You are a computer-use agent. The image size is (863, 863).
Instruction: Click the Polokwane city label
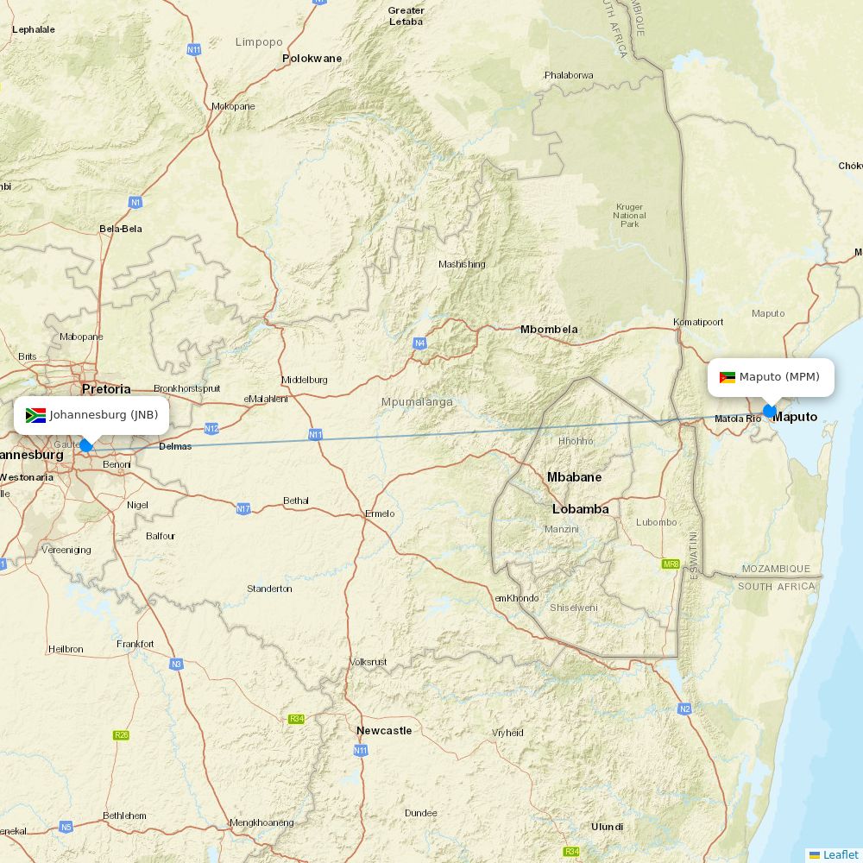(312, 59)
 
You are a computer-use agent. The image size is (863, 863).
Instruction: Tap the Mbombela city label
(549, 330)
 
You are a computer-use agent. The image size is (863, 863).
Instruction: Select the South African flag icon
(35, 415)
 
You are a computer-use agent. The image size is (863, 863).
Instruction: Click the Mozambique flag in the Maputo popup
(727, 377)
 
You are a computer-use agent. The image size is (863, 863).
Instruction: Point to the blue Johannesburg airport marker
(85, 445)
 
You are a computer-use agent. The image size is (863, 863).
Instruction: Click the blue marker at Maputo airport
(769, 411)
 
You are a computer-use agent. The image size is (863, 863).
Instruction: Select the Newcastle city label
(384, 731)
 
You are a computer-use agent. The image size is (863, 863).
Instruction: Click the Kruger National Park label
(630, 215)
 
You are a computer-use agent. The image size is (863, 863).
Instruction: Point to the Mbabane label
(574, 477)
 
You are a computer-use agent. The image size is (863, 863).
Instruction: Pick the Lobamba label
(580, 509)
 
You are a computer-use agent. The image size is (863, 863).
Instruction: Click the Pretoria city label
(106, 389)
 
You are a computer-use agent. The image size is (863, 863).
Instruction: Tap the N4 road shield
(419, 343)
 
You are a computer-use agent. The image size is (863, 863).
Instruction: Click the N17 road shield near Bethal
(243, 509)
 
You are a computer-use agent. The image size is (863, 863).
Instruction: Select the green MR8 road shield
(671, 564)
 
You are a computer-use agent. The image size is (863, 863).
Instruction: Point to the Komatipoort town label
(698, 322)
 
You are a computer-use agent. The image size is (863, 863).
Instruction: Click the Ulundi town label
(607, 827)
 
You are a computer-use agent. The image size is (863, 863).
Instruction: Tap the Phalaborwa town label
(569, 75)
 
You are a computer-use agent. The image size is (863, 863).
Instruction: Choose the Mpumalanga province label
(417, 402)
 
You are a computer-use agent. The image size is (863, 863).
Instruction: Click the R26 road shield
(121, 735)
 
